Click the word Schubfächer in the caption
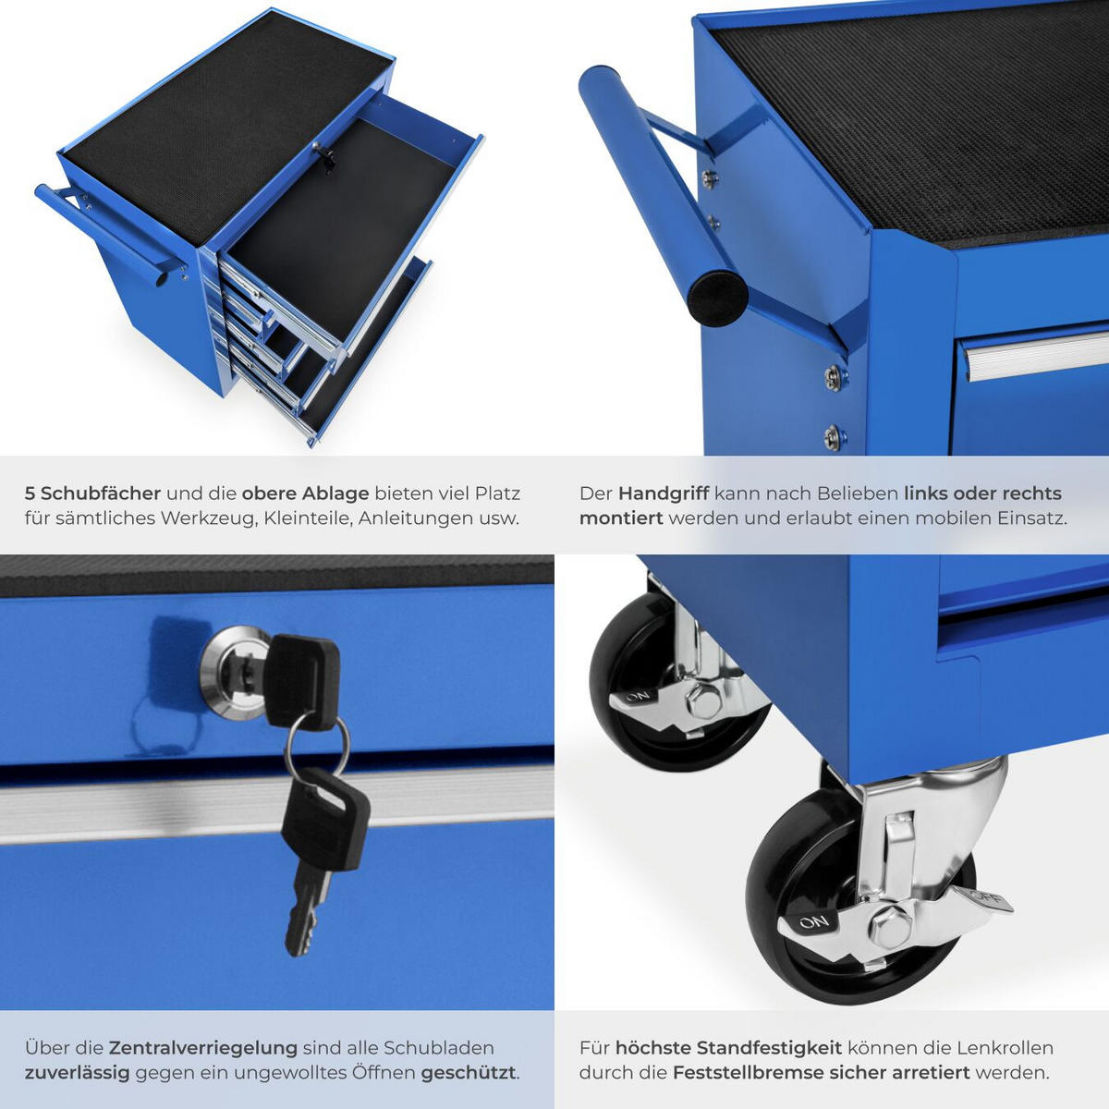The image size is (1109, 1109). tap(101, 494)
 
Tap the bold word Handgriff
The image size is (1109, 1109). tap(663, 494)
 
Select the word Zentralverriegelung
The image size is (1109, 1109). tap(203, 1048)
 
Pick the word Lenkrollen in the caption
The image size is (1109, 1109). tap(1005, 1048)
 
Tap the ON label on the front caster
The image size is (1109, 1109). tap(813, 922)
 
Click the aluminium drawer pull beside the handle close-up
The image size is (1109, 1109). tap(1035, 352)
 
